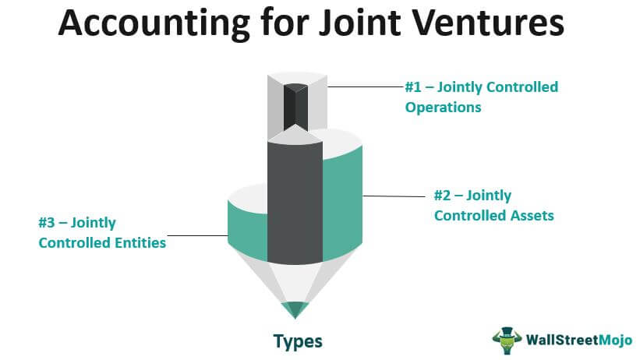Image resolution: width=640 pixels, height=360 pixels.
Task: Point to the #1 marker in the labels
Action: [x=414, y=86]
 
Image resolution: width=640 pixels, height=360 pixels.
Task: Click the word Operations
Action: [x=443, y=107]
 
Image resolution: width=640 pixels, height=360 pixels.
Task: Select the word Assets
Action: [x=528, y=214]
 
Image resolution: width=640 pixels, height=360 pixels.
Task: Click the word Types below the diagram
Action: [x=297, y=341]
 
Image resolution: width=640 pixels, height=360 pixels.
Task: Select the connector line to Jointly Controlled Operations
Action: [x=365, y=86]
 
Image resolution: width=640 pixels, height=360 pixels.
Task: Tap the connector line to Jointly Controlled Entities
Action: [x=196, y=235]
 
